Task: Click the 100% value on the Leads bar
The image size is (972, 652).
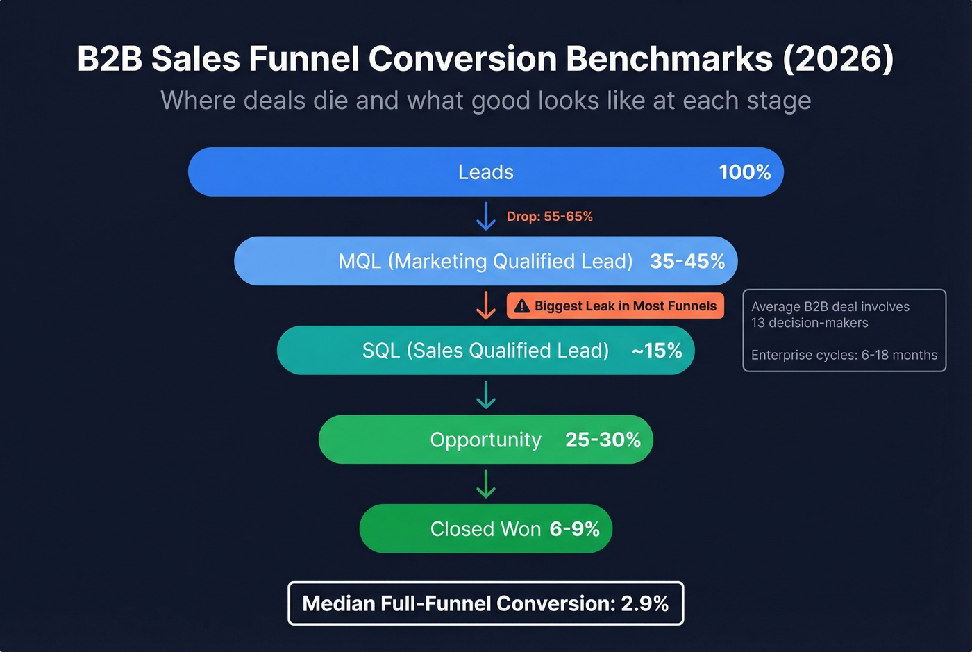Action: (744, 172)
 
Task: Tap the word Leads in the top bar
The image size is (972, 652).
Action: (485, 172)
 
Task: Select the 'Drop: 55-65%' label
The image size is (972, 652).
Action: (549, 217)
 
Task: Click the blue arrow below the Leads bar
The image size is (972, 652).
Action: (485, 216)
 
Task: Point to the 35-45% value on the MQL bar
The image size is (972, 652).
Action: (687, 262)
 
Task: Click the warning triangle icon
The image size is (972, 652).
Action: (522, 306)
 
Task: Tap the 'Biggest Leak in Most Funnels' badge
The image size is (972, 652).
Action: (615, 306)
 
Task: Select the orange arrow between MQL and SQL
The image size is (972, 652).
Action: (485, 306)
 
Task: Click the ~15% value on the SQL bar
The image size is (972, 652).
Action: (656, 351)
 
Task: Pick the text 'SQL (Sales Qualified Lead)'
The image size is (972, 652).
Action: (485, 351)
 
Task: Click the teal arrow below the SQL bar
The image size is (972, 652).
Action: (485, 394)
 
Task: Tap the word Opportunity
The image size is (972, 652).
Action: (485, 440)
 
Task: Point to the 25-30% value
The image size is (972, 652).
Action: (603, 440)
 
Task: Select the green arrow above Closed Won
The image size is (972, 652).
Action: (485, 484)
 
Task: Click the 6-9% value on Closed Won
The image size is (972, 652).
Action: (574, 529)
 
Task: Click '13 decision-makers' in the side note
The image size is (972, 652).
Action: (810, 323)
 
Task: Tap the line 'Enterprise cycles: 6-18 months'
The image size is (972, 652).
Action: (844, 355)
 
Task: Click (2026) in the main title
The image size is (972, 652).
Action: (838, 59)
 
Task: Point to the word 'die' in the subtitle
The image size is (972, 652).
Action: (330, 101)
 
